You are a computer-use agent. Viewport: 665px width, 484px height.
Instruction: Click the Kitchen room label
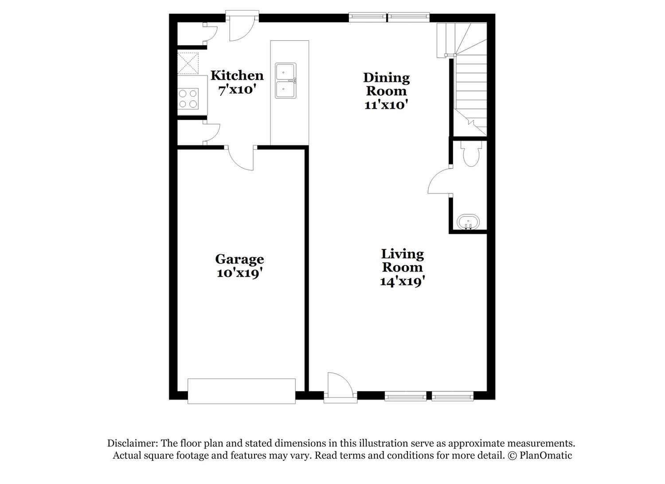pyautogui.click(x=237, y=75)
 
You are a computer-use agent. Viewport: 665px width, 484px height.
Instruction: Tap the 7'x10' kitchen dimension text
pyautogui.click(x=237, y=90)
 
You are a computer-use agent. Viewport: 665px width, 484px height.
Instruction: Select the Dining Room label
pyautogui.click(x=386, y=84)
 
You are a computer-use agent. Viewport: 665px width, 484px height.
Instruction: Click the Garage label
pyautogui.click(x=239, y=259)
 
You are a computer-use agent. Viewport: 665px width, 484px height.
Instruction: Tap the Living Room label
pyautogui.click(x=402, y=260)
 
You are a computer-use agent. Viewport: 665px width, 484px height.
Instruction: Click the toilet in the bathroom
pyautogui.click(x=470, y=153)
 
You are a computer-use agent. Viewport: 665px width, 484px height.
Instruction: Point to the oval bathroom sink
pyautogui.click(x=468, y=222)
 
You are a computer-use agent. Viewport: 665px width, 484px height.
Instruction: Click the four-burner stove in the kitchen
pyautogui.click(x=188, y=98)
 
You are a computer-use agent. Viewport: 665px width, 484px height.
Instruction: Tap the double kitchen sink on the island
pyautogui.click(x=286, y=80)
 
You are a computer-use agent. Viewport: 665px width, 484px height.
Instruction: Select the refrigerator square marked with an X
pyautogui.click(x=188, y=63)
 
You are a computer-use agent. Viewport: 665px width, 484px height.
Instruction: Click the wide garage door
pyautogui.click(x=241, y=391)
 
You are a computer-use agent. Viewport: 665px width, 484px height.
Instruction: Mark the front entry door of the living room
pyautogui.click(x=340, y=387)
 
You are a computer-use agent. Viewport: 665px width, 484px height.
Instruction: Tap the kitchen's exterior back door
pyautogui.click(x=242, y=26)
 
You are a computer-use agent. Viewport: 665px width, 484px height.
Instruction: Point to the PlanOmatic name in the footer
pyautogui.click(x=546, y=455)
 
